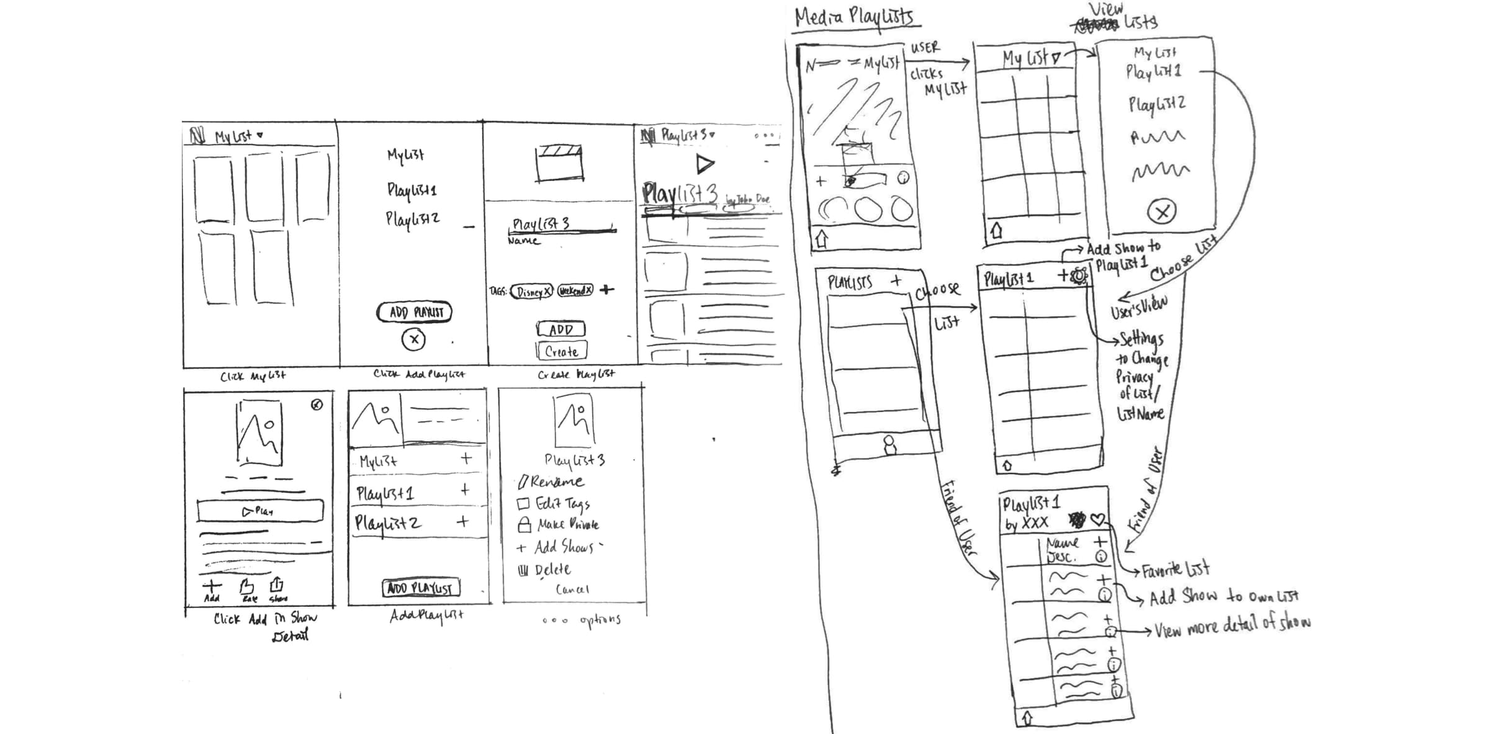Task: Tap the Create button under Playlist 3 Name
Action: point(561,351)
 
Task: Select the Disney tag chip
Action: point(531,292)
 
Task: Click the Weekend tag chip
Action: point(575,290)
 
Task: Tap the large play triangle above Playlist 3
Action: point(704,164)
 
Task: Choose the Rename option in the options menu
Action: point(551,481)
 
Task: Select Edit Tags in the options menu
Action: point(554,503)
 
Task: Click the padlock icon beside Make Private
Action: point(524,525)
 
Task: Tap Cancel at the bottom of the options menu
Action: point(572,589)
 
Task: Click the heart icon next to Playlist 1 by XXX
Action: point(1098,519)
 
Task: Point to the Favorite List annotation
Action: point(1175,569)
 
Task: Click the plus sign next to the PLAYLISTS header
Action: point(896,281)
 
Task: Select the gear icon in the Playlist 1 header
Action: point(1080,275)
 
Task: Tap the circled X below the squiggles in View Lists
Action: point(1162,212)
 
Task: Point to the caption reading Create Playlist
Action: point(576,374)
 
